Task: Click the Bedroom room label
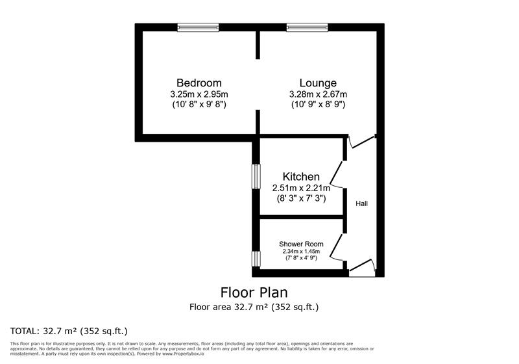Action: [x=199, y=83]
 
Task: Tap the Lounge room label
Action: [x=318, y=83]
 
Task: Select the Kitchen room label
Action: [x=301, y=176]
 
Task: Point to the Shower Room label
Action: [x=301, y=244]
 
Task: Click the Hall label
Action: [x=362, y=203]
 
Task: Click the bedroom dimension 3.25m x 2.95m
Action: [x=199, y=94]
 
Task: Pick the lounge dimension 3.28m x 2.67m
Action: [x=319, y=94]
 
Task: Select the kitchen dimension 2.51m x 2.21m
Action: [x=301, y=188]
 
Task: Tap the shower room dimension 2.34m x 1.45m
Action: [x=301, y=252]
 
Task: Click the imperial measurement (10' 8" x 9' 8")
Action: [x=199, y=105]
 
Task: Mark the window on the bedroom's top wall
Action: [x=198, y=27]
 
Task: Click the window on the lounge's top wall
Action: [x=307, y=27]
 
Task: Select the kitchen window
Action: [x=256, y=177]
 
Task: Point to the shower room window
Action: [x=256, y=259]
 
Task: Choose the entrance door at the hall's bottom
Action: [x=362, y=267]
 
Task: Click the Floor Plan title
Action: [x=254, y=292]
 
